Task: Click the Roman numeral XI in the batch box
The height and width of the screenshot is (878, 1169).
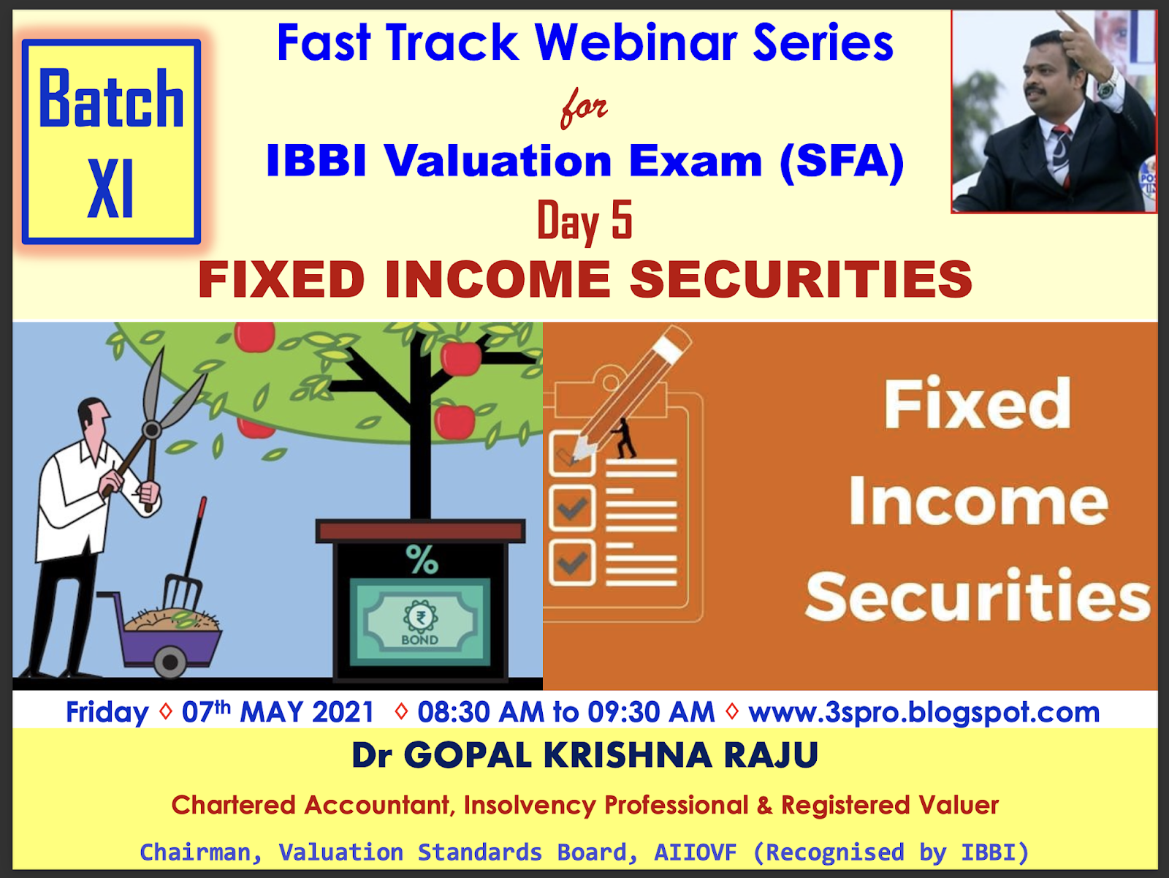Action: point(110,188)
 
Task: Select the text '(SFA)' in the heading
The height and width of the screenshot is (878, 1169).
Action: point(842,162)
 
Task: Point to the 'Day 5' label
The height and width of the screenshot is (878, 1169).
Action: point(584,220)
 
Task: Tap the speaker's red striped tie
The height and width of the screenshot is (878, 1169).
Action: point(1062,154)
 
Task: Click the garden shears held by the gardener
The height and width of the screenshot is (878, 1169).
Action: point(154,421)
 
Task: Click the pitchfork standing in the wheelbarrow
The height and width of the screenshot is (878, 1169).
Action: point(186,554)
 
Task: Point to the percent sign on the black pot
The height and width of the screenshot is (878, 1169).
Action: point(422,559)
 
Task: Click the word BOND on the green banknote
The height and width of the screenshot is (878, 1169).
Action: point(419,640)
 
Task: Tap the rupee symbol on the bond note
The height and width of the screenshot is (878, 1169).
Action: point(421,617)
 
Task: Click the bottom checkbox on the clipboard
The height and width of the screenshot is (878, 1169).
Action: point(572,563)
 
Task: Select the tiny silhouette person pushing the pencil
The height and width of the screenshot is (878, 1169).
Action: point(625,438)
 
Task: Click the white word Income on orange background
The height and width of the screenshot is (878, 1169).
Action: point(979,502)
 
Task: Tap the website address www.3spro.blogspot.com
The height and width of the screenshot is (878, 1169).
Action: point(924,712)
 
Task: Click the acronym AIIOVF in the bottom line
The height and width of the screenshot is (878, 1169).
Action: point(695,852)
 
